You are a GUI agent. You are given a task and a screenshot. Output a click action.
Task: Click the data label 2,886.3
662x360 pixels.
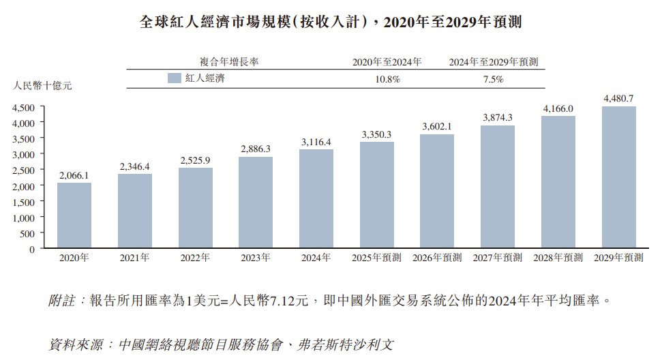(x=256, y=148)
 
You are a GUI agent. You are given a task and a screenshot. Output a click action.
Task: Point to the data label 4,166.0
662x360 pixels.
(x=558, y=108)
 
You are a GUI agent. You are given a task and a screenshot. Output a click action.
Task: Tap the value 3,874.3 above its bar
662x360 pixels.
(x=498, y=117)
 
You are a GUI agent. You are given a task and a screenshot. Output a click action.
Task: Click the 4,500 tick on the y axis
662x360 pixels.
(x=24, y=108)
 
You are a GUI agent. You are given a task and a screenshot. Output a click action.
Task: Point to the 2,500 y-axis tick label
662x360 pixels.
(x=24, y=170)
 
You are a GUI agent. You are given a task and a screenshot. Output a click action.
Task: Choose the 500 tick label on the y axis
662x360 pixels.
(x=28, y=233)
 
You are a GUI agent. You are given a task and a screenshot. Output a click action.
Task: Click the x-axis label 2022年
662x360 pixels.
(x=196, y=258)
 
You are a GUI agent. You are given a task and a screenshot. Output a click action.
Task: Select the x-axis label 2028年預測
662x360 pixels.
(x=558, y=258)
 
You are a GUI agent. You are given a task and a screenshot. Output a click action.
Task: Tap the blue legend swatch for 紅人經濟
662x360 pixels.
(x=173, y=78)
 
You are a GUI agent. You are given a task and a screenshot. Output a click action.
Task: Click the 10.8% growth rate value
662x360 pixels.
(x=386, y=79)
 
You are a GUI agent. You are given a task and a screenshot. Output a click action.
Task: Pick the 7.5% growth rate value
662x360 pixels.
(x=493, y=79)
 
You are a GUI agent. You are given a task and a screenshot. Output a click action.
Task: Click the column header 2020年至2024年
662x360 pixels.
(x=387, y=62)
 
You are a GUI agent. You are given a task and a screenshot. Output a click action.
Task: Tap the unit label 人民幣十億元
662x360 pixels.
(x=42, y=86)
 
